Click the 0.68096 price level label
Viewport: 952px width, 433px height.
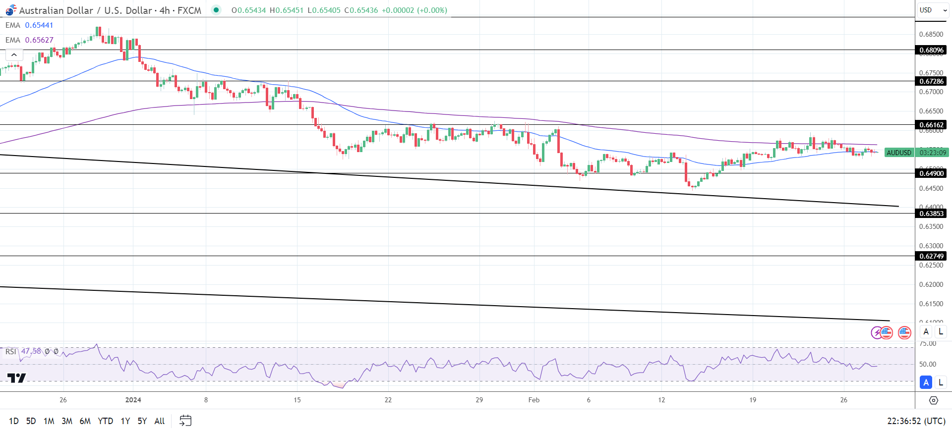(x=931, y=50)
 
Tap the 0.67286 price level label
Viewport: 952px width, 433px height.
(x=931, y=81)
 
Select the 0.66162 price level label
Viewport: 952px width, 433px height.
(x=931, y=125)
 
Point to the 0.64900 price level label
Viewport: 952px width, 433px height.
(x=931, y=173)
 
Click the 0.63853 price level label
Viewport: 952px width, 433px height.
(x=931, y=214)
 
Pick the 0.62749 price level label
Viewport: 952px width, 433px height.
(x=931, y=256)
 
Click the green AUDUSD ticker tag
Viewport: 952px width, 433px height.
(x=899, y=153)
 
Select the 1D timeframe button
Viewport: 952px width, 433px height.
(x=14, y=421)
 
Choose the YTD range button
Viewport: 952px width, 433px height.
(x=105, y=421)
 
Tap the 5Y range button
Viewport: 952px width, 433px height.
(x=142, y=421)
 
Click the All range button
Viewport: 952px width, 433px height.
(x=160, y=421)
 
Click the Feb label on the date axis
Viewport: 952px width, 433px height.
(x=534, y=400)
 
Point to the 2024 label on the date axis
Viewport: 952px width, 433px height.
(x=133, y=400)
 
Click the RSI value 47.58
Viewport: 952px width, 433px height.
(x=31, y=351)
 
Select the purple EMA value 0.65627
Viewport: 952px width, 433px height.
(x=39, y=40)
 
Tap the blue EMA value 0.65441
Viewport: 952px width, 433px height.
(x=39, y=25)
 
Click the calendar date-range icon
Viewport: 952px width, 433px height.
(x=185, y=421)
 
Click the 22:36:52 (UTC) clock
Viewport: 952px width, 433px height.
(x=916, y=421)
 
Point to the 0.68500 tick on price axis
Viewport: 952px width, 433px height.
(x=931, y=34)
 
